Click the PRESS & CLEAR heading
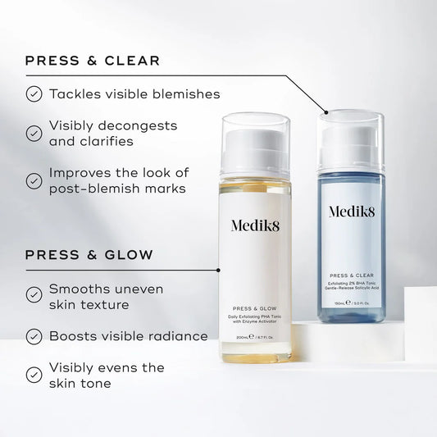[x=93, y=61]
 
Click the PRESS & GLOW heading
[x=89, y=255]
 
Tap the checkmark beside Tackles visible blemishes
[x=34, y=94]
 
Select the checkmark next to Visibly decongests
[x=34, y=133]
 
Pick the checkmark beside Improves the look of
[x=34, y=180]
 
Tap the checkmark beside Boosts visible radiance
[x=34, y=336]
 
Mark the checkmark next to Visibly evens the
[x=34, y=375]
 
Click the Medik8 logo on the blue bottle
[x=352, y=212]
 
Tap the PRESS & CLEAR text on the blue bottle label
[x=352, y=275]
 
